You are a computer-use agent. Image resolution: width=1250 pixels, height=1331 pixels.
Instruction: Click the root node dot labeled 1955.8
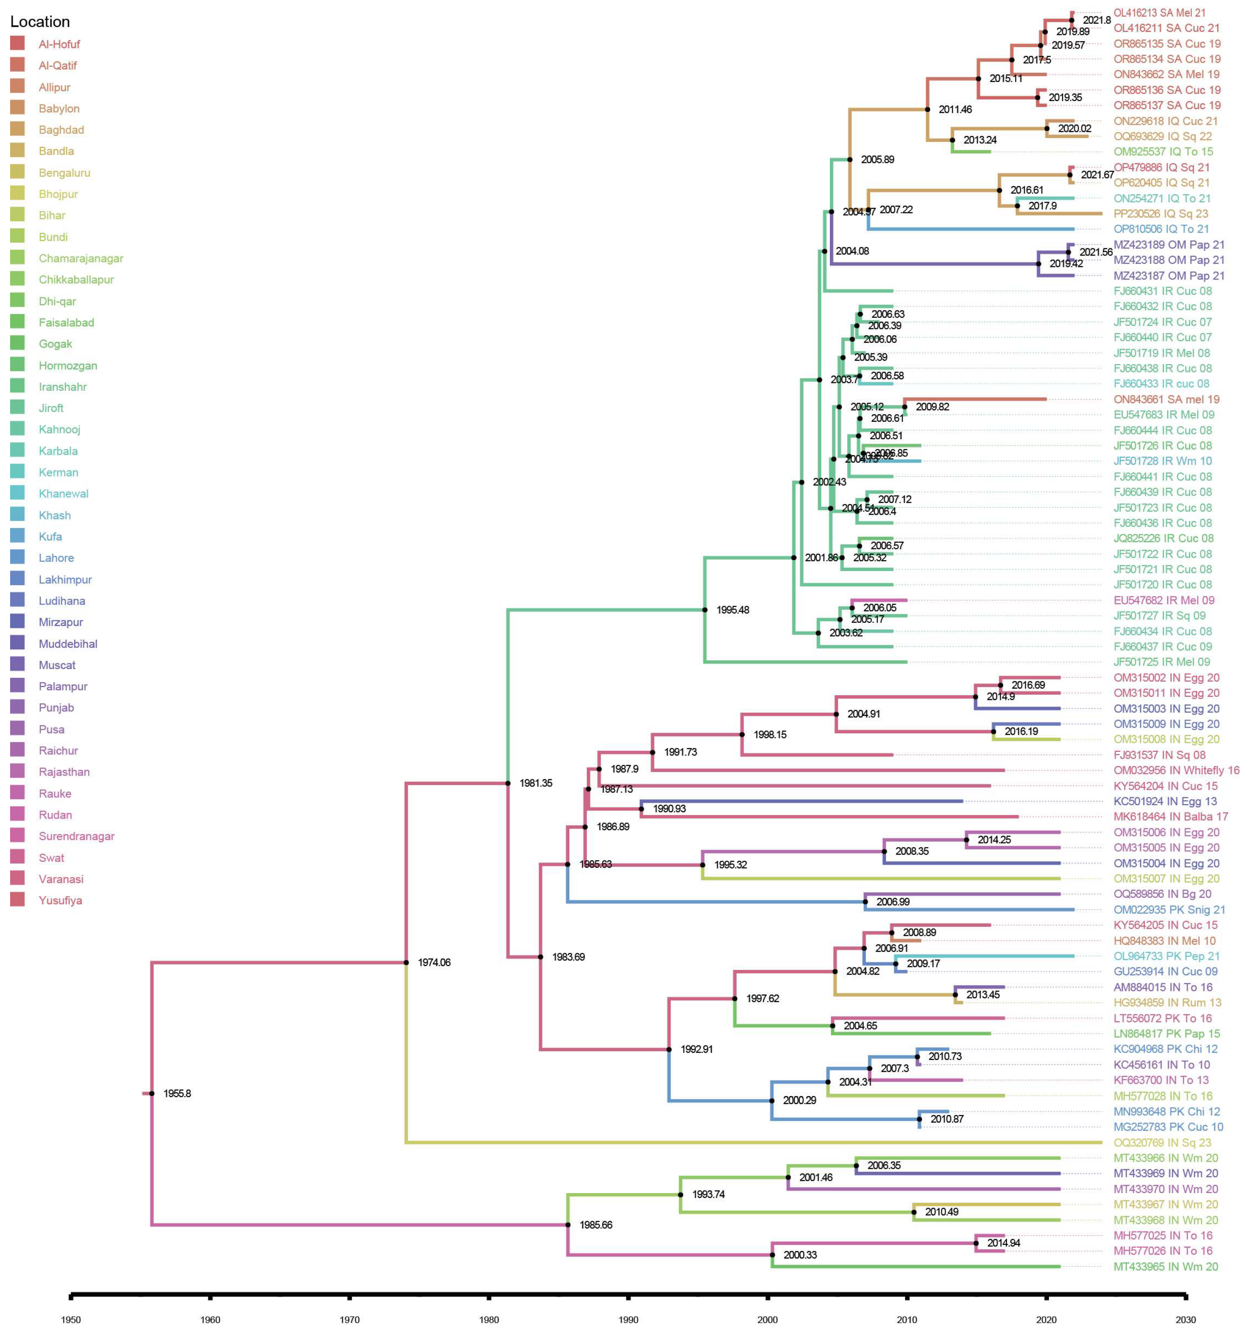(x=152, y=1093)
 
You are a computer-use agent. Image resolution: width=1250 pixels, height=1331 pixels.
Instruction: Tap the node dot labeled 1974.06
(x=406, y=962)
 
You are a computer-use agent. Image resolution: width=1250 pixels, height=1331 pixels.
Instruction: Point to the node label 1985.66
(x=596, y=1225)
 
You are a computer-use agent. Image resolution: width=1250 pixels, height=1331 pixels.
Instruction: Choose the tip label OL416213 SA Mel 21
(x=1159, y=13)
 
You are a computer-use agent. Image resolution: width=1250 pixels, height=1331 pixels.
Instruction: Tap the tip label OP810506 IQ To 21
(x=1161, y=229)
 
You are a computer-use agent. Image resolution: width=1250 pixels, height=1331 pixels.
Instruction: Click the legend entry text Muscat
(x=57, y=665)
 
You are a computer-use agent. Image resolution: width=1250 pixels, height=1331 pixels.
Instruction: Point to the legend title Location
(x=40, y=21)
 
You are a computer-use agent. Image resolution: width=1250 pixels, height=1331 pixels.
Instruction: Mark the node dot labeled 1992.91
(x=669, y=1049)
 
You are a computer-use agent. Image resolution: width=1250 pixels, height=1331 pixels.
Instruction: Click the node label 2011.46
(x=955, y=109)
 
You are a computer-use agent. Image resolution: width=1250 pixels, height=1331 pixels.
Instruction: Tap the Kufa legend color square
(x=17, y=535)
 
